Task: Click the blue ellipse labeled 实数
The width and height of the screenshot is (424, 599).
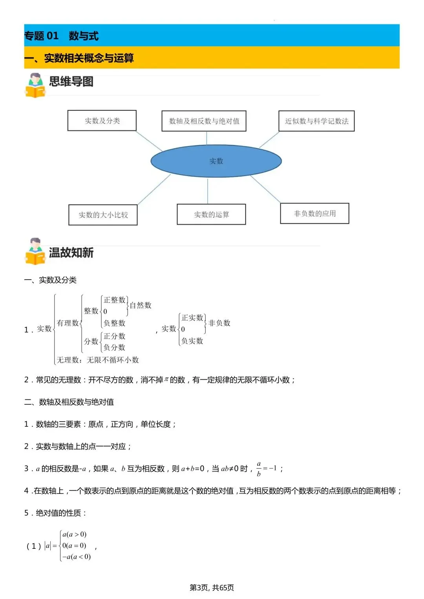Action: (x=216, y=161)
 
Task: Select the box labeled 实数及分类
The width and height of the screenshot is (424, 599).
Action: (x=102, y=120)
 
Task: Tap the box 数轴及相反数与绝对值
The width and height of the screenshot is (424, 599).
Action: (x=204, y=121)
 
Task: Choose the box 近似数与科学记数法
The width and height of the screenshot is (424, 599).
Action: (x=316, y=121)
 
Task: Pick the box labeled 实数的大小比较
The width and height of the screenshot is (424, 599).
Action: (x=103, y=215)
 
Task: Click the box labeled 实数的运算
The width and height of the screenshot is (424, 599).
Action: (x=211, y=215)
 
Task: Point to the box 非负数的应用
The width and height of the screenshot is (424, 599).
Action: (x=314, y=213)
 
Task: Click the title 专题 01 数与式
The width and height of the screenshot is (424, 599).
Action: (x=61, y=36)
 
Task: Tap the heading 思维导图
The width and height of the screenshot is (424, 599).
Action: (x=71, y=82)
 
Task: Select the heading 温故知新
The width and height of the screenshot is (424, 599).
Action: (x=71, y=253)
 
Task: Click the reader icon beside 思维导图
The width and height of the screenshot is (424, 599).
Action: (x=35, y=85)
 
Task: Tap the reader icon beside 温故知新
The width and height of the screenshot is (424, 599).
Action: (x=35, y=251)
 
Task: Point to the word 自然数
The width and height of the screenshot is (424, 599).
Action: (x=140, y=305)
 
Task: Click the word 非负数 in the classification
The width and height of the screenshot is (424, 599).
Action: (x=219, y=323)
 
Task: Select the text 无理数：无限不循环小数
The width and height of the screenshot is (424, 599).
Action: (x=98, y=360)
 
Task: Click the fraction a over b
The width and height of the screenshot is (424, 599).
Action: (x=259, y=469)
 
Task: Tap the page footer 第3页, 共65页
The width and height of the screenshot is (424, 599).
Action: (x=212, y=587)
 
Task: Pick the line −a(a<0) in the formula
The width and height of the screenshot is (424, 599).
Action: (x=77, y=557)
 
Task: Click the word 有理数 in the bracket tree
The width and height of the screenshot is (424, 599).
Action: (x=68, y=323)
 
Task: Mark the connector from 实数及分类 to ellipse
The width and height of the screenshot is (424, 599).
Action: (x=149, y=141)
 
